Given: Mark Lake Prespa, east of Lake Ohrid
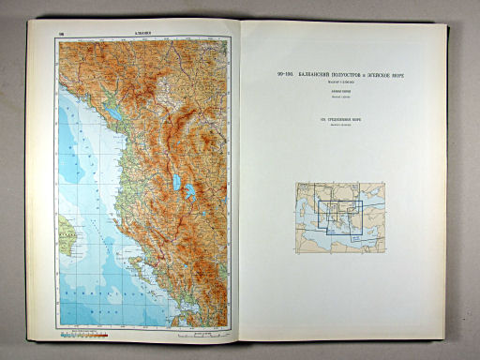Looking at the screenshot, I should pos(190,191).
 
